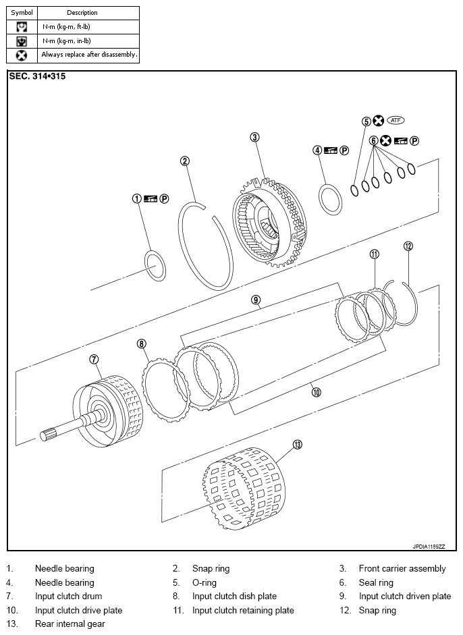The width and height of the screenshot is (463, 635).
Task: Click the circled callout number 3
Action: [254, 137]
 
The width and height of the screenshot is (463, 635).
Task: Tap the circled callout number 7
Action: [94, 359]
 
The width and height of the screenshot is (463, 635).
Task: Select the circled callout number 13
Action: [298, 445]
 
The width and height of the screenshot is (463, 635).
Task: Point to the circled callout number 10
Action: [317, 391]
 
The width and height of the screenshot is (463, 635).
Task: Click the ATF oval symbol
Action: [396, 120]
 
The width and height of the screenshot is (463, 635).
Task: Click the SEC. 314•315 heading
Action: [37, 76]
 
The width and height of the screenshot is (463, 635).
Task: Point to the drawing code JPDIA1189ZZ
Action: [429, 547]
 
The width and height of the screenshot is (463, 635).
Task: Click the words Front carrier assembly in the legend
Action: [402, 569]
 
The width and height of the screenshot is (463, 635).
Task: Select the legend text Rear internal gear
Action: [70, 624]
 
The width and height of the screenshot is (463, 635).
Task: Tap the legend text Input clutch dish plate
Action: [235, 596]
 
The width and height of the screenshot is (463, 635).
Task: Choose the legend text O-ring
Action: [204, 583]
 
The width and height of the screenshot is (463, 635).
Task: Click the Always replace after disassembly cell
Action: [88, 55]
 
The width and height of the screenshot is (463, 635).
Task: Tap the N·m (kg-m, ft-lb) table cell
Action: [88, 27]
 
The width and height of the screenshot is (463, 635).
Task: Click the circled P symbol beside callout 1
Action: [164, 199]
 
